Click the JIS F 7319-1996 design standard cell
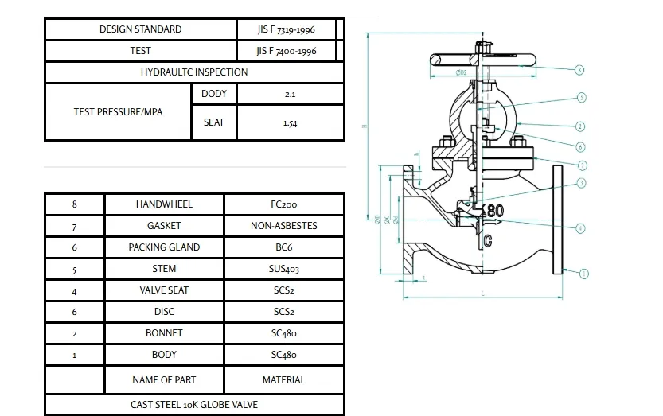point(287,29)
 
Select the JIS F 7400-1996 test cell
point(287,51)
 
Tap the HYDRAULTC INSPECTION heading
point(194,72)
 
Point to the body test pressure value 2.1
point(290,94)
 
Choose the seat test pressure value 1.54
point(290,123)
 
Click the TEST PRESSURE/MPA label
point(118,112)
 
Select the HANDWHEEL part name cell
point(164,204)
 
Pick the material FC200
point(284,204)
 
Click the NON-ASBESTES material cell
point(284,226)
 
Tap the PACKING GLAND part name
point(164,247)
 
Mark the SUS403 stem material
point(284,270)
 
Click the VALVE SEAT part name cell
point(164,290)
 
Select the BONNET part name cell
point(164,333)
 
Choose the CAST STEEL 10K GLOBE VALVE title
point(194,405)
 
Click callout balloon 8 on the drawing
point(579,70)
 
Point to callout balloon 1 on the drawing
point(583,274)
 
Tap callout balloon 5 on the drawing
point(582,98)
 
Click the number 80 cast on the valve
point(495,211)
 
